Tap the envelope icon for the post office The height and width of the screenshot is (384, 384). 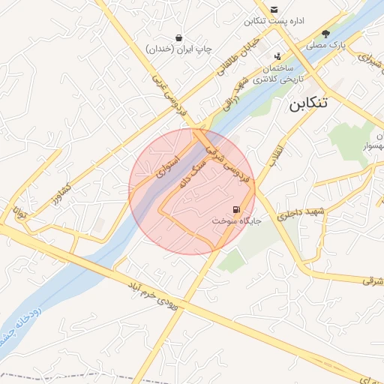point(274,9)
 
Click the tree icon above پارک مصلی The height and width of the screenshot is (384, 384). point(325,34)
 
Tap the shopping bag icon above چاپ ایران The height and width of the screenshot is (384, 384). point(179,37)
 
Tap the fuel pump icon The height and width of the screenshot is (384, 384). point(237,209)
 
